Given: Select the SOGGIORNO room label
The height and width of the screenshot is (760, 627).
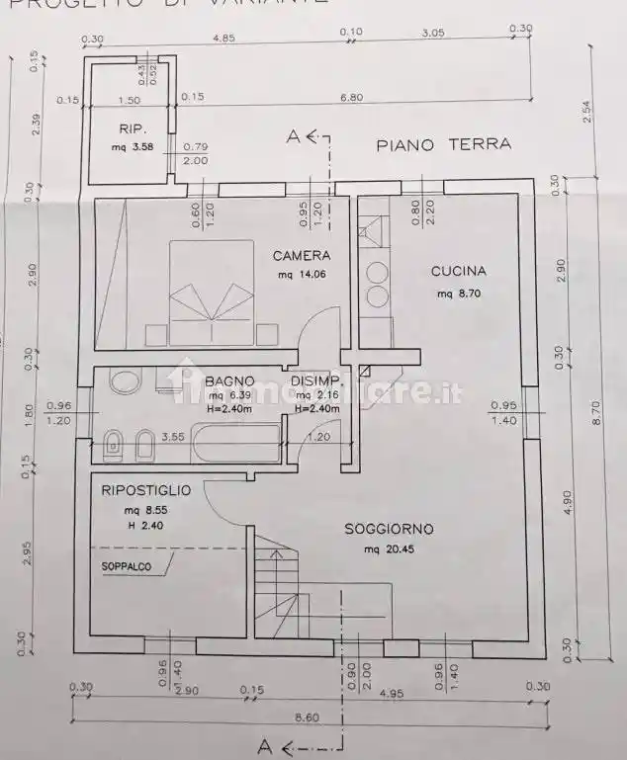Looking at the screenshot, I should click(389, 529).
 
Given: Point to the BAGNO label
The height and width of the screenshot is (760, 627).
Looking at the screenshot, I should click(229, 381).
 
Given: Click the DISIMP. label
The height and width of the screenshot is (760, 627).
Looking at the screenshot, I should click(316, 381).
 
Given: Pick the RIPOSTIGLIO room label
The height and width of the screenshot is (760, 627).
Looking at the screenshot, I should click(146, 489).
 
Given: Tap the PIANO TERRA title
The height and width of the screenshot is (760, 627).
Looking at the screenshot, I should click(444, 144).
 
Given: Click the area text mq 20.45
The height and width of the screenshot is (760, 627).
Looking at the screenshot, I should click(388, 549).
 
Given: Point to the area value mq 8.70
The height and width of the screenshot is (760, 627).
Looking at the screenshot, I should click(458, 294).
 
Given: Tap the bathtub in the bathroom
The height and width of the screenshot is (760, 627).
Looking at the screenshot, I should click(236, 444).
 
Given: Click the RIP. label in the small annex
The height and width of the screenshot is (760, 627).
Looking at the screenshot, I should click(133, 128).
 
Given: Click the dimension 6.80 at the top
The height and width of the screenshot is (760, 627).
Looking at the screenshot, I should click(351, 98).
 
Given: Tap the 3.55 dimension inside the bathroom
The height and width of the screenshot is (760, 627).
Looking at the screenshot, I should click(174, 436).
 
